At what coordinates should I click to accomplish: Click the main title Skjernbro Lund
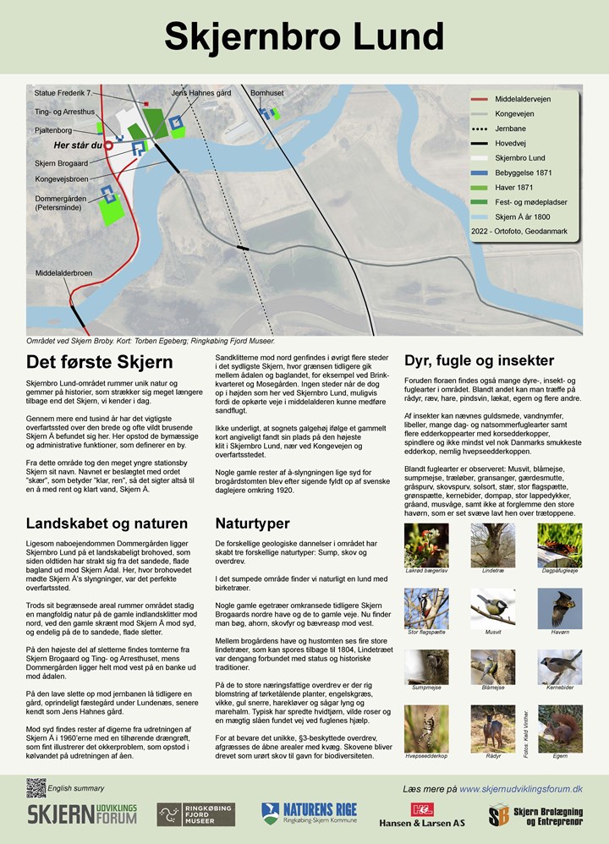(304, 36)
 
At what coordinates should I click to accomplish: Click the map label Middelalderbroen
(63, 273)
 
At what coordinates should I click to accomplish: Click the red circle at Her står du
(108, 145)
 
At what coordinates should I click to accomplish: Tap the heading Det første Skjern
(99, 362)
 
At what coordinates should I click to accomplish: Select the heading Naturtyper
(253, 523)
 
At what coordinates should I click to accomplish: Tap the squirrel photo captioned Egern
(559, 727)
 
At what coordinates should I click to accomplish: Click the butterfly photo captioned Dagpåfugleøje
(559, 545)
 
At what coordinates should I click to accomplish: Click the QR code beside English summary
(36, 787)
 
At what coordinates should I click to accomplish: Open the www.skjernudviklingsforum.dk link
(520, 788)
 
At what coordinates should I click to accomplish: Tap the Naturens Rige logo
(309, 814)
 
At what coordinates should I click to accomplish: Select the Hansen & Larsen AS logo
(421, 815)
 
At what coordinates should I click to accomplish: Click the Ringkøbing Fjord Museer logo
(196, 814)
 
